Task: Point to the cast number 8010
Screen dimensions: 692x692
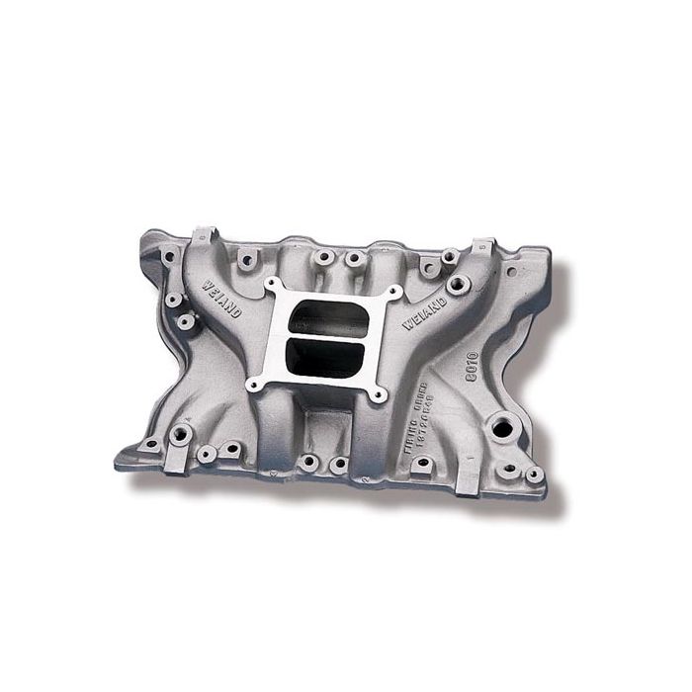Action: tap(471, 364)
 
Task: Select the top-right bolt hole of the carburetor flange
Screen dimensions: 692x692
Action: tap(395, 294)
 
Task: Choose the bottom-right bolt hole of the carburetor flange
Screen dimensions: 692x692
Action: tap(377, 394)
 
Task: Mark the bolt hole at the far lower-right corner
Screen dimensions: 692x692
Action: tap(534, 475)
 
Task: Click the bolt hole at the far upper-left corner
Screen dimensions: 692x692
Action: tap(169, 256)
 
